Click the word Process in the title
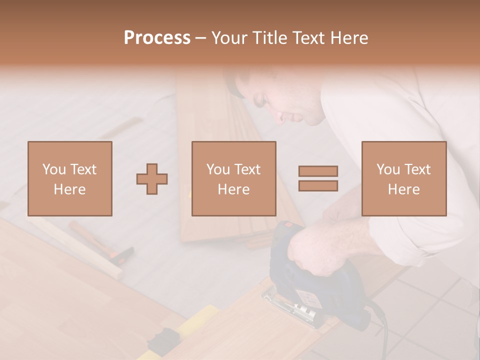point(157,38)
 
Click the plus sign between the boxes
point(152,178)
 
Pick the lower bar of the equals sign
point(318,185)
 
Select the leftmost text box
point(69,178)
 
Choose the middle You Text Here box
point(233,178)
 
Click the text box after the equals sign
point(403,178)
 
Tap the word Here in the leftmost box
point(69,189)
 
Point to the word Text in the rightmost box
point(417,169)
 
